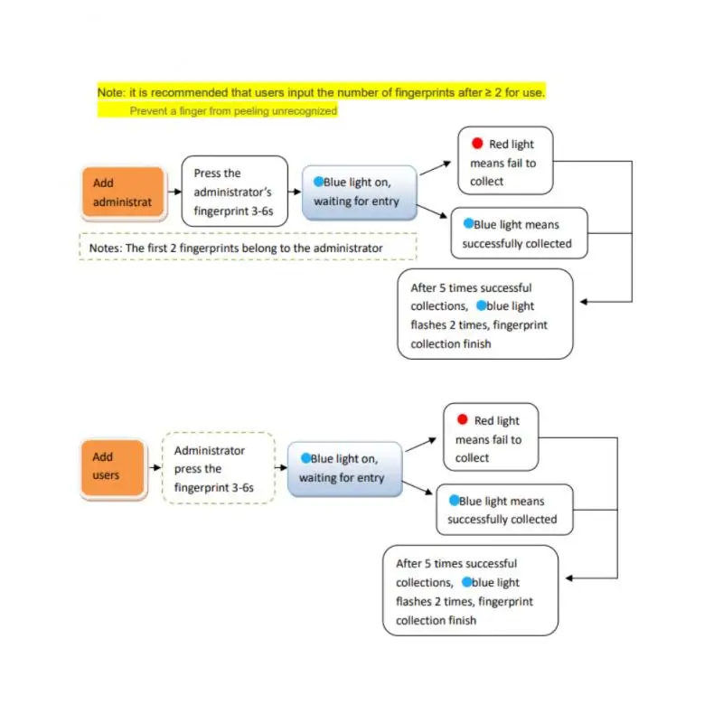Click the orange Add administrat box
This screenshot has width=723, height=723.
coord(123,192)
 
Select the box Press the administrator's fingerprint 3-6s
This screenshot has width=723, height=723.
coord(234,192)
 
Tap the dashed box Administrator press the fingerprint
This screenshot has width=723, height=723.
coord(218,468)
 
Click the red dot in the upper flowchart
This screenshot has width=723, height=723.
coord(476,144)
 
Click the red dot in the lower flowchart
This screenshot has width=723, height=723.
coord(462,420)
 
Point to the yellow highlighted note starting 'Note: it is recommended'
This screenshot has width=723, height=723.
coord(321,92)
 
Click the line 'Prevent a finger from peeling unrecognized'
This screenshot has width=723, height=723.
coord(233,110)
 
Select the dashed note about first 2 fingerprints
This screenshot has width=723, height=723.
coord(248,248)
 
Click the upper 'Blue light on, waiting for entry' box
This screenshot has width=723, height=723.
coord(359,192)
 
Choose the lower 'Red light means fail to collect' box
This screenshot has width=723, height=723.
coord(491,438)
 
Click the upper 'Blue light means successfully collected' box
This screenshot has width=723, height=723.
coord(519,233)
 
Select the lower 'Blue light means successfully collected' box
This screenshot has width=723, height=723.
coord(503,510)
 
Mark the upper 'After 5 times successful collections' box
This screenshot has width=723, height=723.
coord(484,315)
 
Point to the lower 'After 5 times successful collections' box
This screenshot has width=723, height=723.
coord(470,591)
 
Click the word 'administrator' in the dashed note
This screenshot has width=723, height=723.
coord(350,248)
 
